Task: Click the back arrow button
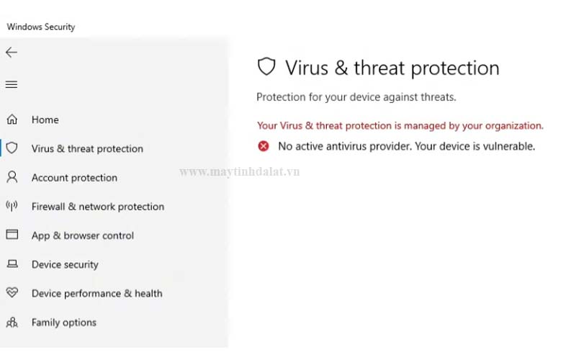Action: [12, 53]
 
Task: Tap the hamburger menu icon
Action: [12, 85]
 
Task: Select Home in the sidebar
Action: [45, 120]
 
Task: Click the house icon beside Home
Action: [12, 120]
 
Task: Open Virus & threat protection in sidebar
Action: [87, 149]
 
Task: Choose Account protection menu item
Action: [74, 178]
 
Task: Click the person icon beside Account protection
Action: [12, 177]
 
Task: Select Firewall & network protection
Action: [97, 207]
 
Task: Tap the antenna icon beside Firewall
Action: [12, 207]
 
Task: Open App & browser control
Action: [82, 235]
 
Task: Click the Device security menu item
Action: [65, 264]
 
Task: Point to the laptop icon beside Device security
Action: [12, 264]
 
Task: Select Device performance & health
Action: [96, 294]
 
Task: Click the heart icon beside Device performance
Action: [12, 293]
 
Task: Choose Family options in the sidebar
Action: [63, 323]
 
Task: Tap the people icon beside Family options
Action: [12, 323]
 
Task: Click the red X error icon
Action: [264, 146]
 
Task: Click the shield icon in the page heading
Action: [266, 68]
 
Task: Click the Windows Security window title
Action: [41, 27]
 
